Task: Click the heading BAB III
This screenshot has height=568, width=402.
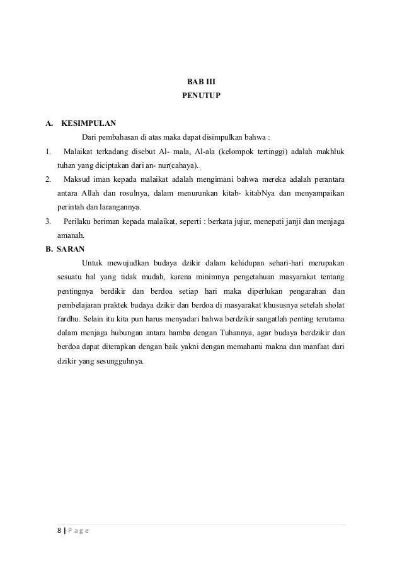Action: [x=201, y=82]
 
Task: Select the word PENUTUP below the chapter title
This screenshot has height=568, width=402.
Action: [x=201, y=96]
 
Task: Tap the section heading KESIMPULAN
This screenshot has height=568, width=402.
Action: [x=88, y=123]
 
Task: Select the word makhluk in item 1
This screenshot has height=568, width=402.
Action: [x=329, y=152]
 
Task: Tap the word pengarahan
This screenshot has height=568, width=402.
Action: [x=307, y=292]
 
